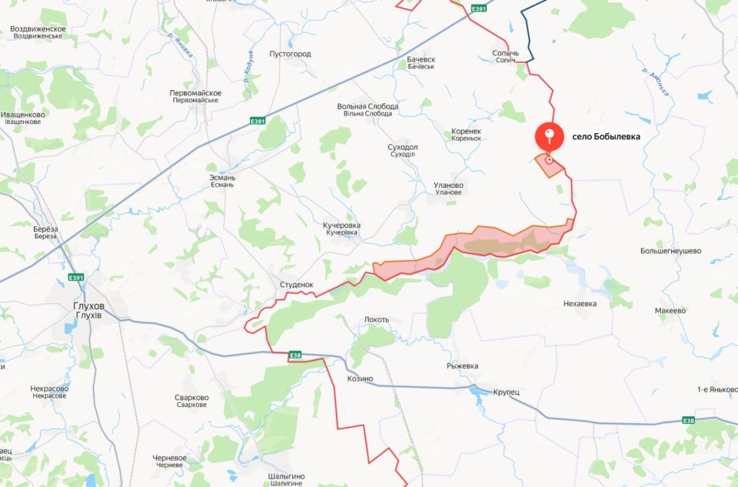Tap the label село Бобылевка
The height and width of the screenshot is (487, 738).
click(x=606, y=137)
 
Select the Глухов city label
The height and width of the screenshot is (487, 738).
click(x=88, y=306)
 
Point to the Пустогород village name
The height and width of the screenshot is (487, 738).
click(x=290, y=54)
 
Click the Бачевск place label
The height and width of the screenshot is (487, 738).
click(x=421, y=59)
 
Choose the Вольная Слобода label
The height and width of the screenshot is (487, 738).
click(x=367, y=107)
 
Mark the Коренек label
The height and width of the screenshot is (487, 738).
click(x=466, y=132)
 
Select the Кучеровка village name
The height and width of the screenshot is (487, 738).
click(x=341, y=226)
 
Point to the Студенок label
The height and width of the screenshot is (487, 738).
click(x=296, y=285)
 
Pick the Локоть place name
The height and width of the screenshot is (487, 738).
click(x=377, y=319)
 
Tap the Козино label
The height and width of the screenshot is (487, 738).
click(x=360, y=379)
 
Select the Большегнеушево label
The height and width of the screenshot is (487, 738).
click(x=671, y=251)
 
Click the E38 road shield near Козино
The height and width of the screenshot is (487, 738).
click(x=295, y=355)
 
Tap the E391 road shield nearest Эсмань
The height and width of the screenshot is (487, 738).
click(x=258, y=121)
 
